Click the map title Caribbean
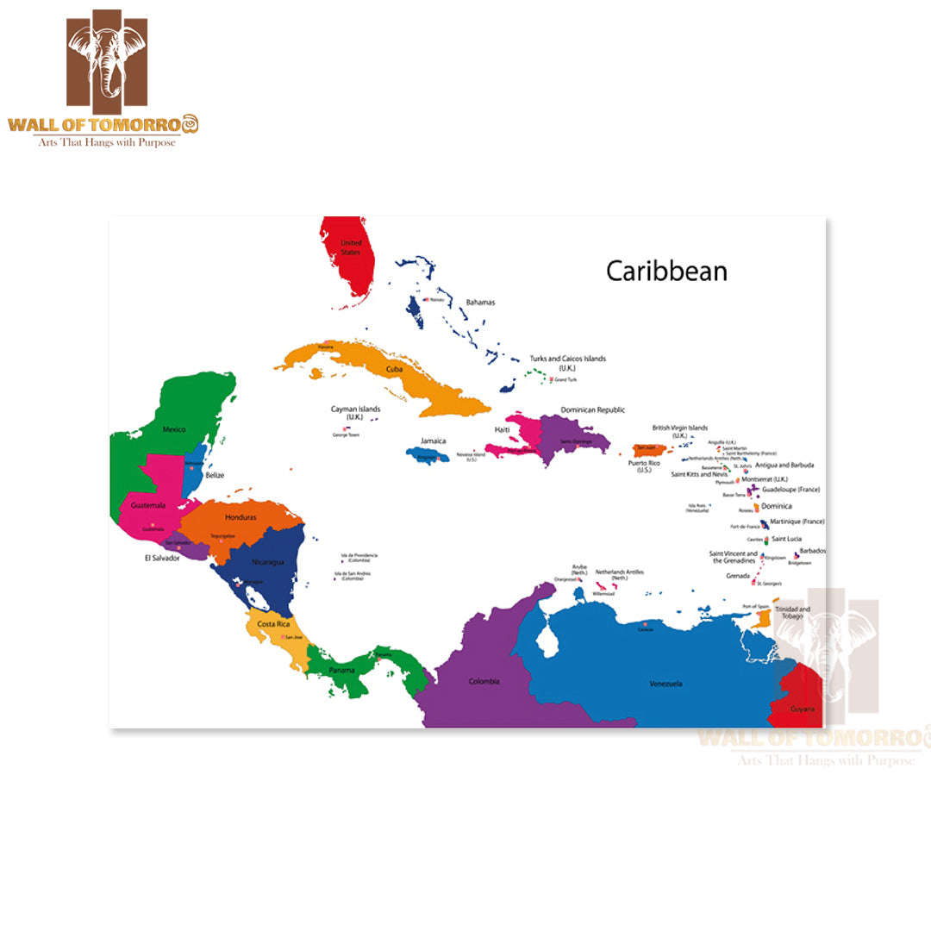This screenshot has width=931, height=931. point(666,271)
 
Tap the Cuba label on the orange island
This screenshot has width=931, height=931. point(394,369)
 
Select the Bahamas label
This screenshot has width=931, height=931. point(480,303)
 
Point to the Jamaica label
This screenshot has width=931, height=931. point(434,441)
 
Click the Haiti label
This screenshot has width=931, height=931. point(503,429)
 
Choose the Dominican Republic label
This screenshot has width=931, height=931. point(593,410)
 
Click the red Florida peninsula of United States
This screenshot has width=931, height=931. point(349,259)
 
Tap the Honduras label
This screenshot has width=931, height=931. point(241,517)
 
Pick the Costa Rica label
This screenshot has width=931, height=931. point(272,623)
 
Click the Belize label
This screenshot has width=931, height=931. point(215,475)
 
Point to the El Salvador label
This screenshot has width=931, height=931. point(162,558)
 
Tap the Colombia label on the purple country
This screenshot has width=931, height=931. point(484,682)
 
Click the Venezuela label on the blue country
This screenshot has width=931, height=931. point(665,684)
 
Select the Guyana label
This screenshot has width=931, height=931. point(803,708)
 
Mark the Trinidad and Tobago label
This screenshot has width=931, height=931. point(792,612)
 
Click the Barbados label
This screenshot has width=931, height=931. point(812,551)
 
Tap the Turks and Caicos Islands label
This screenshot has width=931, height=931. point(567,362)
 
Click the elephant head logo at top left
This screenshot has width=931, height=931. point(107,59)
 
